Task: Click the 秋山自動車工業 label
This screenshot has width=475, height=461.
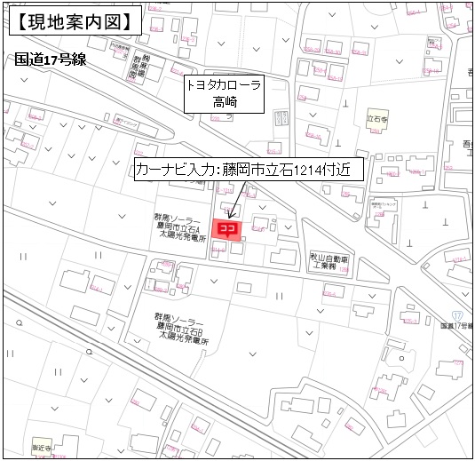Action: (x=325, y=258)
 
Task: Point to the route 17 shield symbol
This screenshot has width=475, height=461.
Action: (x=457, y=316)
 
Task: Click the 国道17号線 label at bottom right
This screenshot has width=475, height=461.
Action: (x=455, y=327)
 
